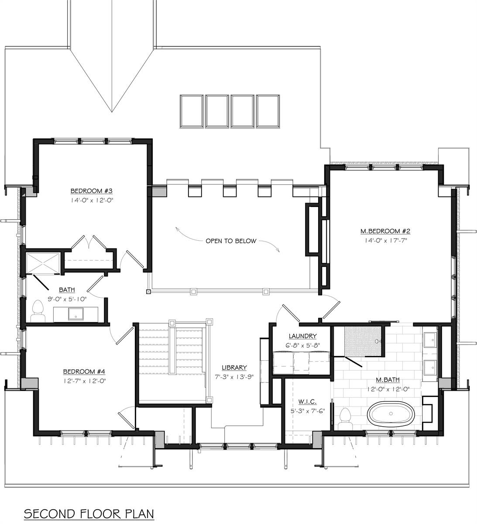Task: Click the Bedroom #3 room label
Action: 91,191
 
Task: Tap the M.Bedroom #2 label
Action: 385,231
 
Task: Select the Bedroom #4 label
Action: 84,372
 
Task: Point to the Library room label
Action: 234,368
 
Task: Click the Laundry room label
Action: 302,336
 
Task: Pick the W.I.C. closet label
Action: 307,401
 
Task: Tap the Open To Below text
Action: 231,241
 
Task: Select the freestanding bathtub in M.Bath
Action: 391,414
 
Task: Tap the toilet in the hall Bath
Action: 38,311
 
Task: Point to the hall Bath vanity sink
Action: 75,314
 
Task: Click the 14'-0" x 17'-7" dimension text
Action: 386,241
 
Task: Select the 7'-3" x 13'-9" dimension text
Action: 234,377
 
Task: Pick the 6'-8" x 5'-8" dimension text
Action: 302,345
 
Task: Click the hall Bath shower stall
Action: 43,263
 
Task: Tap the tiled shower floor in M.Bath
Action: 364,341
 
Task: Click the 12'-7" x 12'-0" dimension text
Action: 85,381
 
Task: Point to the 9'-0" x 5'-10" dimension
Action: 67,299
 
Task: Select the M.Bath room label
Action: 388,379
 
